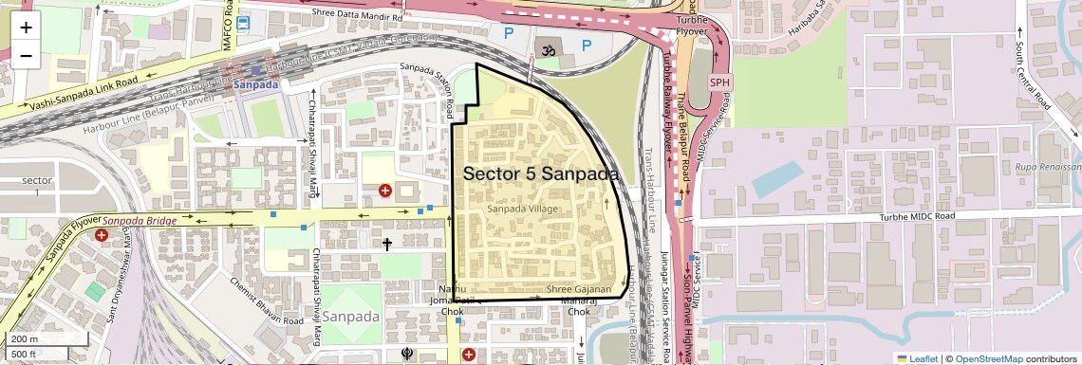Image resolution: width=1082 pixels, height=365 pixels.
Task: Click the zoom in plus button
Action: pos(26,27)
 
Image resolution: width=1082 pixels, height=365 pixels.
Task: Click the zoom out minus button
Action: pos(26,56)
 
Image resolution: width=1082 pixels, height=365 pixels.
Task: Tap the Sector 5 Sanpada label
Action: pos(540,174)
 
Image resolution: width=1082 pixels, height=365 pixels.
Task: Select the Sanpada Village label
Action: pos(522,208)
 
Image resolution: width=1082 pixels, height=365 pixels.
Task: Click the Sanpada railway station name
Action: pos(255,85)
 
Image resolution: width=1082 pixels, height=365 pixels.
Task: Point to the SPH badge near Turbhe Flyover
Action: pos(720,82)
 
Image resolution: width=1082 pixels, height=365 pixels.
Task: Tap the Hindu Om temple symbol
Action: pos(547,46)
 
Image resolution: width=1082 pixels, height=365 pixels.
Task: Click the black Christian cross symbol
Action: pos(387,245)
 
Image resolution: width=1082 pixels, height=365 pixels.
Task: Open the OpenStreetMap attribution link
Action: pos(988,358)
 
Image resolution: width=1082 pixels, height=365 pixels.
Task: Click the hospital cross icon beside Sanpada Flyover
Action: pos(102,234)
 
